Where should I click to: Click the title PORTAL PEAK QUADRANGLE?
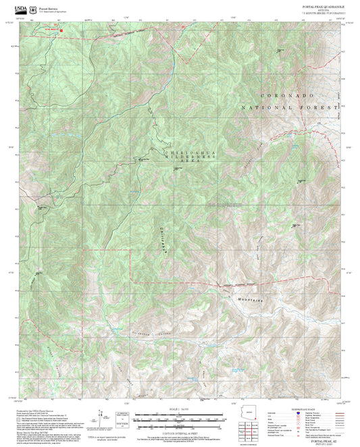320,5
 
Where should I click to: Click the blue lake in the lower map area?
236,370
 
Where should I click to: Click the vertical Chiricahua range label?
164,238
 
